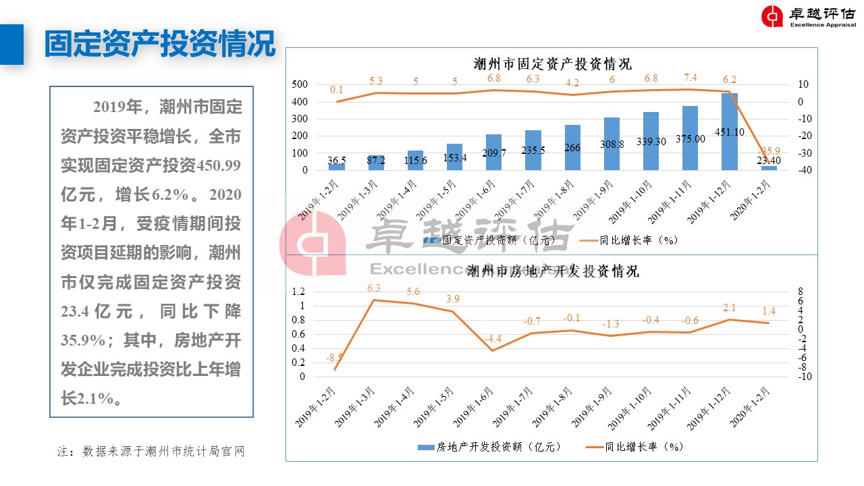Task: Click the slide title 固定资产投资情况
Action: pyautogui.click(x=160, y=44)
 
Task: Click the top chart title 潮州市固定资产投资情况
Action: pyautogui.click(x=553, y=64)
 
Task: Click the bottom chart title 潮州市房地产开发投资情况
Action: pyautogui.click(x=553, y=271)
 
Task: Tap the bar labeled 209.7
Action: pyautogui.click(x=494, y=153)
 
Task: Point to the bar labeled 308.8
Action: pyautogui.click(x=612, y=144)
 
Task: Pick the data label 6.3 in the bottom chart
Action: pyautogui.click(x=373, y=288)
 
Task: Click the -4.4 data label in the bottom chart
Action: pyautogui.click(x=493, y=339)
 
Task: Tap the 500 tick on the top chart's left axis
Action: pyautogui.click(x=300, y=85)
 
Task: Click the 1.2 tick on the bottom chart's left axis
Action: pyautogui.click(x=298, y=292)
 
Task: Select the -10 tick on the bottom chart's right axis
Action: pyautogui.click(x=804, y=377)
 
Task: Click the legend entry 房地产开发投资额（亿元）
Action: pyautogui.click(x=489, y=447)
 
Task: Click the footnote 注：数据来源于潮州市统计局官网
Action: pyautogui.click(x=151, y=452)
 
